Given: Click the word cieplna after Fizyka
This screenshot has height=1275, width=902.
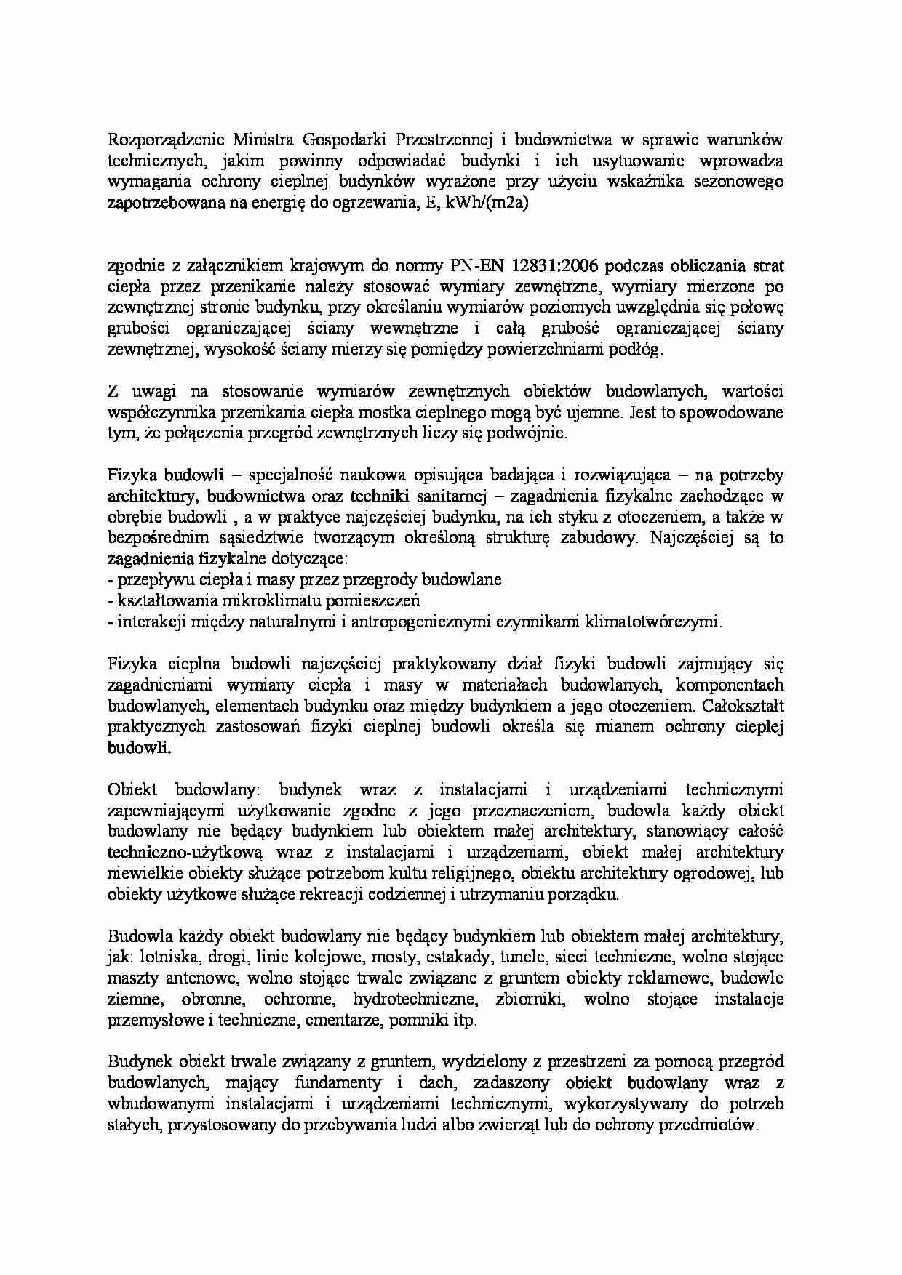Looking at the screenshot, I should [x=186, y=664].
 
